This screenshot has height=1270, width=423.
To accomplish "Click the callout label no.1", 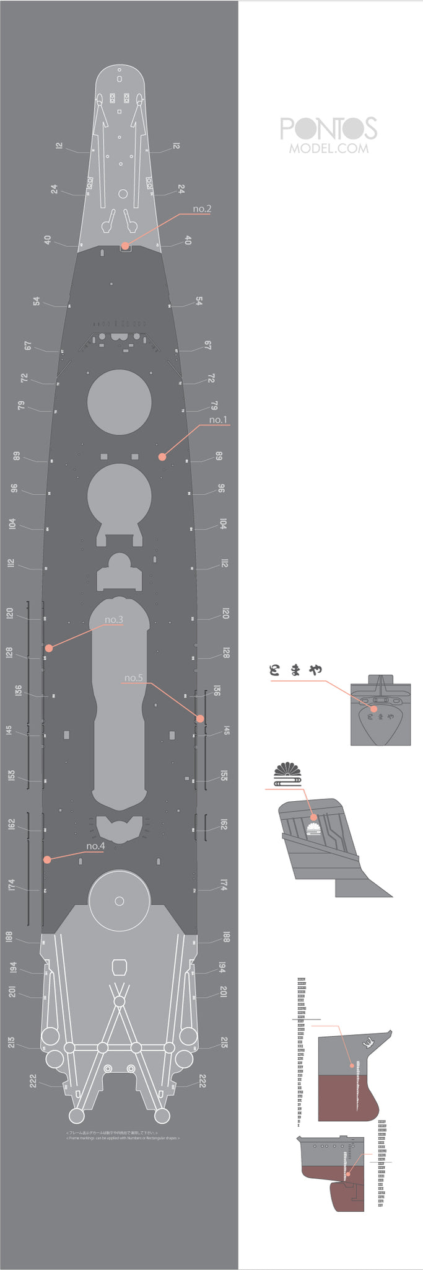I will (218, 420).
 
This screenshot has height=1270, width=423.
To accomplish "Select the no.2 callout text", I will (202, 208).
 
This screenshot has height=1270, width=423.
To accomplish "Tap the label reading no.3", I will (114, 619).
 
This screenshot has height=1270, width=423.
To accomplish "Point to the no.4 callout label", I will (95, 846).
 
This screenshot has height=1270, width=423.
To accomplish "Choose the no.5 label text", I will (134, 678).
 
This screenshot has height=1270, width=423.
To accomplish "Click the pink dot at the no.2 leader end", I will (125, 246).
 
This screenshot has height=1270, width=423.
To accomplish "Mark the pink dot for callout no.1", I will (162, 457).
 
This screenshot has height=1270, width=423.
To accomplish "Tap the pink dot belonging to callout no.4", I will (46, 859).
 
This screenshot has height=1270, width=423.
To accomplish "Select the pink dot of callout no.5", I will (200, 719).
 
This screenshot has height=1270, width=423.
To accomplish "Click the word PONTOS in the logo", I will (328, 128).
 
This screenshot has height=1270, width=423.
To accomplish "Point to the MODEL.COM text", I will (328, 149).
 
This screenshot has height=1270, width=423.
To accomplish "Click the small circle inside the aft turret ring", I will (120, 901).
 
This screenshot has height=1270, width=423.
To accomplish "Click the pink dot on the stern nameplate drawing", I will (373, 709).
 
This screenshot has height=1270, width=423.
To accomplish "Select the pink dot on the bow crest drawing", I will (314, 817).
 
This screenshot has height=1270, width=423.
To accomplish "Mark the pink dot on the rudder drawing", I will (349, 1174).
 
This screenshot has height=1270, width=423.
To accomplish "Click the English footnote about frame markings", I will (123, 1138).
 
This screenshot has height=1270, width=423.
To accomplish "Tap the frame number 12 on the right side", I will (177, 146).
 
